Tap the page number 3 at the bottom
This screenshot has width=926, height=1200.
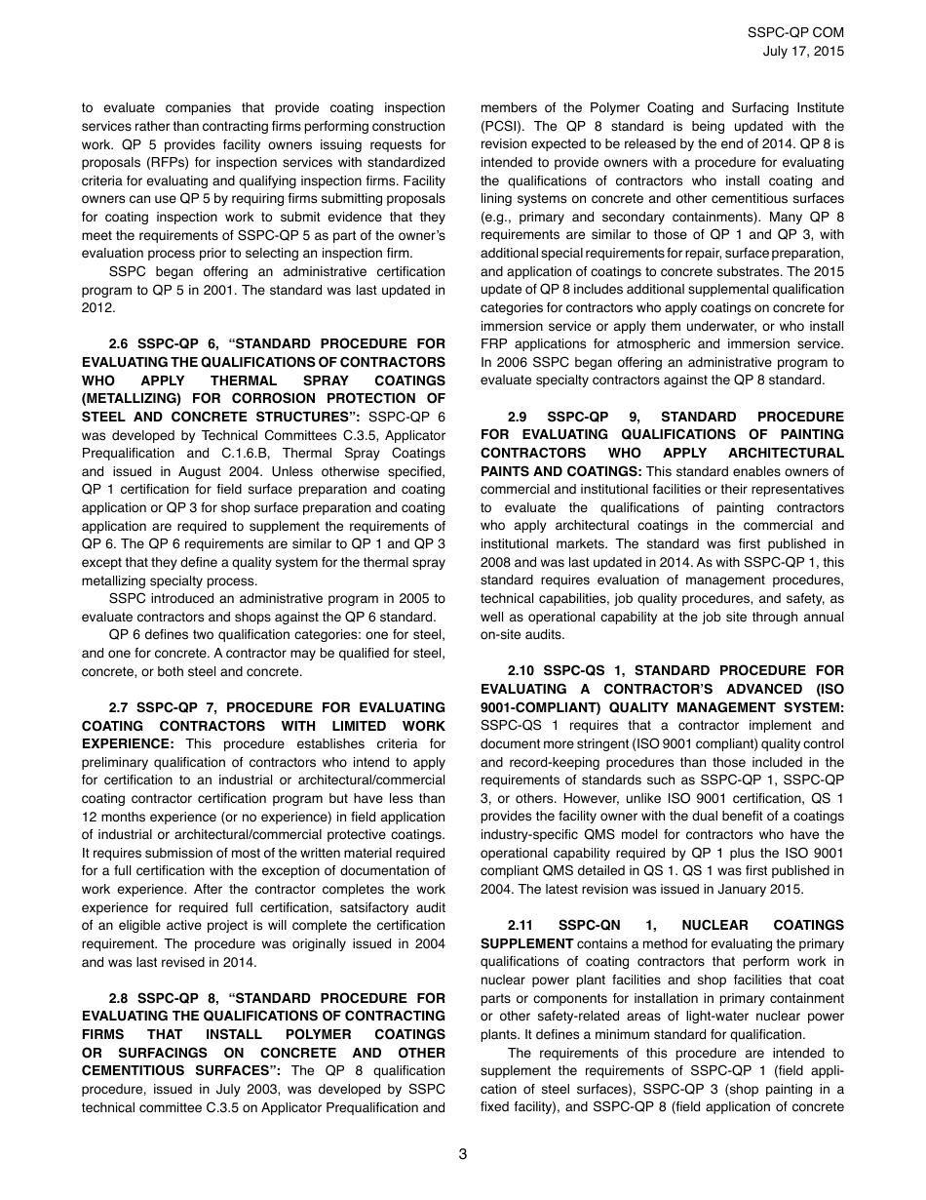pos(463,1154)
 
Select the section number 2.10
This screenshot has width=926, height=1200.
pos(523,671)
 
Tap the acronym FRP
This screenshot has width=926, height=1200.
pos(495,344)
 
